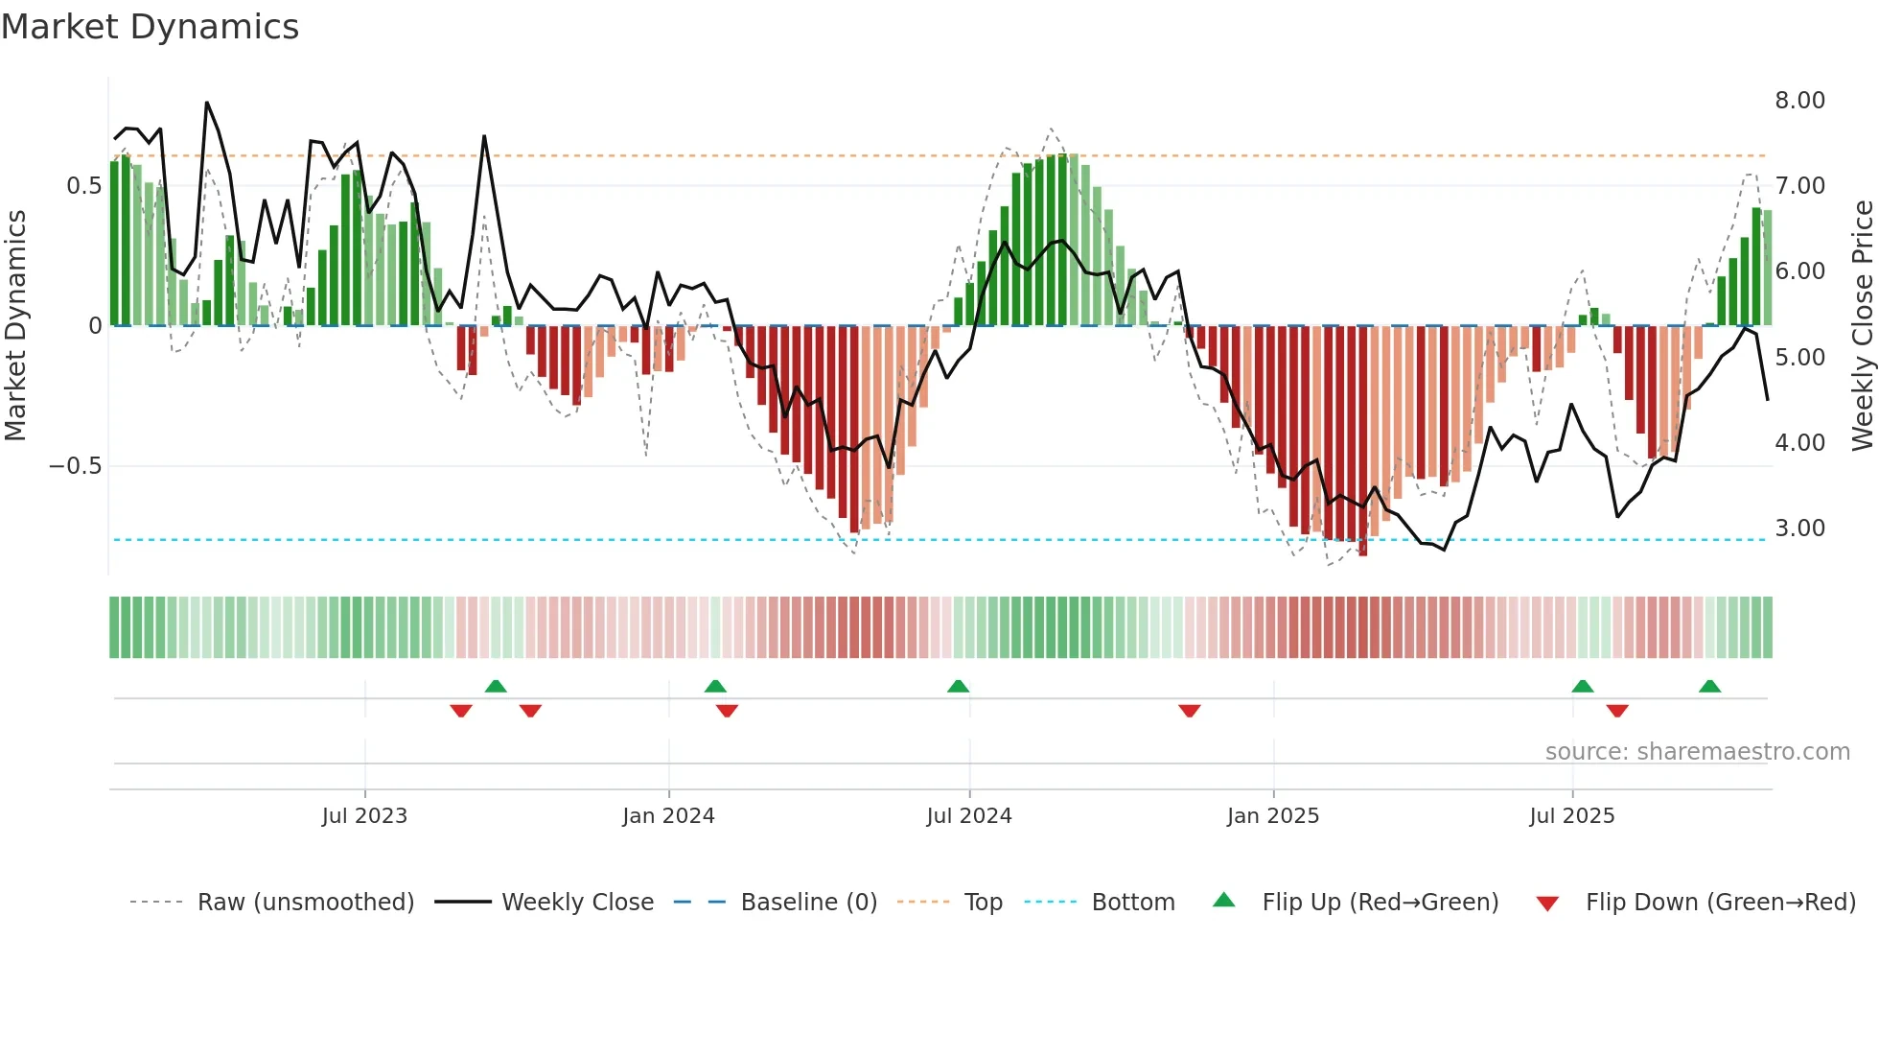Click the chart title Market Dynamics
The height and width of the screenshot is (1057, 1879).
pyautogui.click(x=150, y=27)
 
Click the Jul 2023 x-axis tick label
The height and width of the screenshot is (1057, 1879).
pyautogui.click(x=364, y=816)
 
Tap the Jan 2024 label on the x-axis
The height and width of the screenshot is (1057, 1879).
pyautogui.click(x=668, y=816)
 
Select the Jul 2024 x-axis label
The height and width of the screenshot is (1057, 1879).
pyautogui.click(x=969, y=816)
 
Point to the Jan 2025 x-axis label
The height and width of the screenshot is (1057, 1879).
pyautogui.click(x=1273, y=816)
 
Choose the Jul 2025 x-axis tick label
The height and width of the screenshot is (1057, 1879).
pyautogui.click(x=1572, y=816)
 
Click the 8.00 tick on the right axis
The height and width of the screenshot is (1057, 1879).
pyautogui.click(x=1799, y=101)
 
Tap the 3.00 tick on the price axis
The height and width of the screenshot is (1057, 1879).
pyautogui.click(x=1799, y=528)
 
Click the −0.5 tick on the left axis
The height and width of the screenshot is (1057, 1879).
pyautogui.click(x=75, y=466)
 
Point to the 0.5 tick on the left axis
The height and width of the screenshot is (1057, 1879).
pyautogui.click(x=83, y=186)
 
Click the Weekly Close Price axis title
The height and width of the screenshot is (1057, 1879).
pyautogui.click(x=1862, y=326)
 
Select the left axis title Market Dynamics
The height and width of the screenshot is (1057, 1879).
pyautogui.click(x=15, y=326)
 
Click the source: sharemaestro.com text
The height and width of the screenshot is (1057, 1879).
pyautogui.click(x=1697, y=752)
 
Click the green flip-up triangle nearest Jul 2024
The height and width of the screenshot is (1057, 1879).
pyautogui.click(x=958, y=686)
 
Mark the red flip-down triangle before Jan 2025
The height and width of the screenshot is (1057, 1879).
pyautogui.click(x=1190, y=711)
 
